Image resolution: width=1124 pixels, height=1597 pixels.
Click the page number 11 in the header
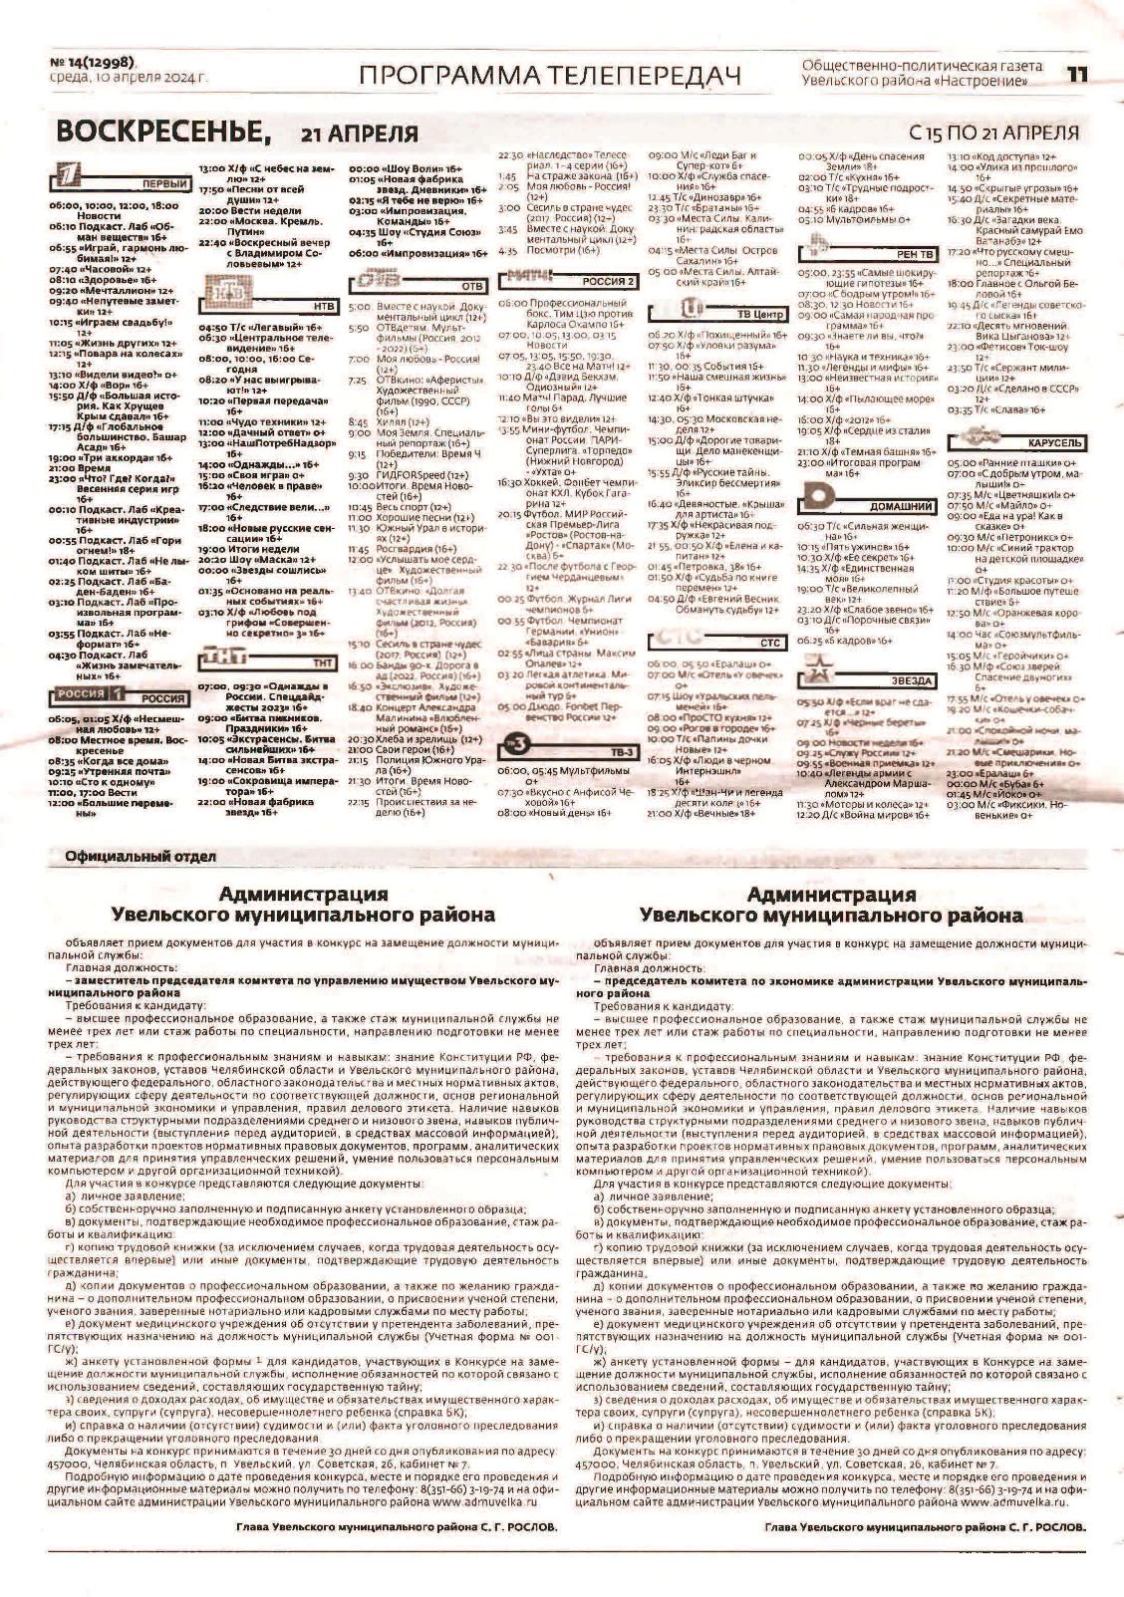[x=1077, y=74]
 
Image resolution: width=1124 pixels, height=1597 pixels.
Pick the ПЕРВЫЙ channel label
[x=165, y=185]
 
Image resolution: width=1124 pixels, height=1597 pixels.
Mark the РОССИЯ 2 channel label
[x=608, y=282]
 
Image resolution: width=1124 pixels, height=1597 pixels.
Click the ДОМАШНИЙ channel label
[x=900, y=507]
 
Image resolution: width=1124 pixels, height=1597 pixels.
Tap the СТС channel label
[x=769, y=644]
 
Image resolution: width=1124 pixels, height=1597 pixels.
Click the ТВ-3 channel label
[x=622, y=751]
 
